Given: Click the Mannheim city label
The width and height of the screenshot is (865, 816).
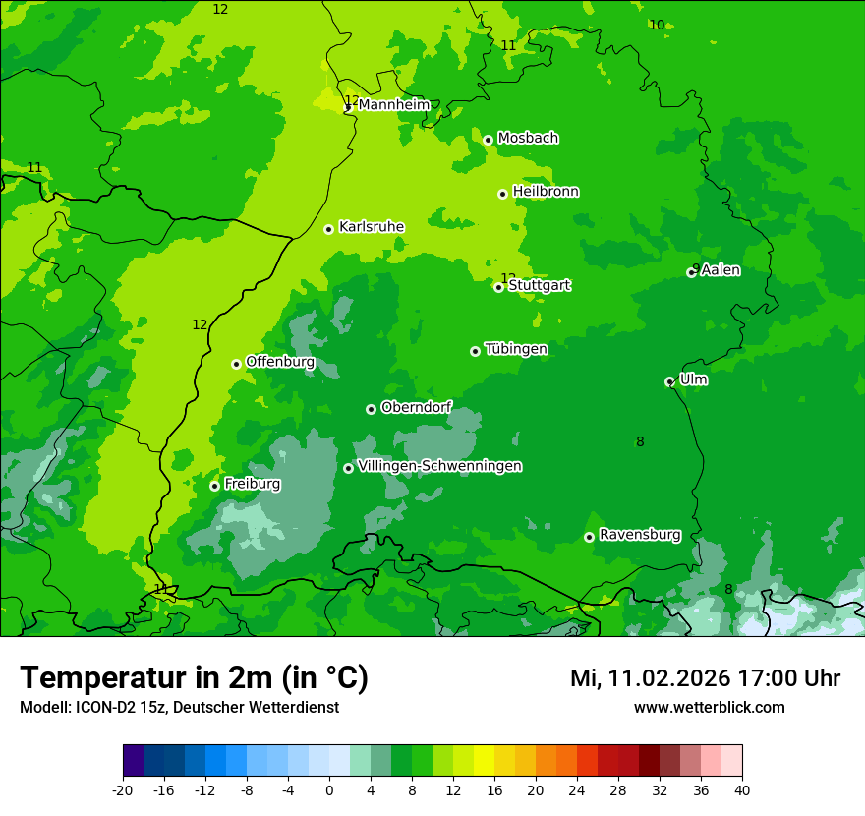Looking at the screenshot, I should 393,104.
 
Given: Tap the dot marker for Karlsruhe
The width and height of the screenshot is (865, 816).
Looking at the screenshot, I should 328,229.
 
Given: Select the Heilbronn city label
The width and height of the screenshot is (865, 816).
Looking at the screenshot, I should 546,192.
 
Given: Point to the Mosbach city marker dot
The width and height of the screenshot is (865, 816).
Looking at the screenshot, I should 488,140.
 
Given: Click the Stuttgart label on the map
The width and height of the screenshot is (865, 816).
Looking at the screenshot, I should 539,285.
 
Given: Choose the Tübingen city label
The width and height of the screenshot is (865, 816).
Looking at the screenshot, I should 516,349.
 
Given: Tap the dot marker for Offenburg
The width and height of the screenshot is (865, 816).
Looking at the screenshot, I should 236,364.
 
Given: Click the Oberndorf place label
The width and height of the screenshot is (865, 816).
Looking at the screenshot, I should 416,407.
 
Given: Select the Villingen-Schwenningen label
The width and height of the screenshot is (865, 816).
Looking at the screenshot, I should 439,466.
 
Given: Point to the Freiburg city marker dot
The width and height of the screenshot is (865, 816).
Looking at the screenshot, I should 214,486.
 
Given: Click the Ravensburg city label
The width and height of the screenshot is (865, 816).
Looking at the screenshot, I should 640,535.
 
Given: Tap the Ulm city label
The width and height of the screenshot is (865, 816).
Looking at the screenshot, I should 693,379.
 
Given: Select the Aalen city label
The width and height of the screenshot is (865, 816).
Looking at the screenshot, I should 721,270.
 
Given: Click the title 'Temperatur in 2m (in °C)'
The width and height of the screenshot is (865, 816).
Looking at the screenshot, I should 194,678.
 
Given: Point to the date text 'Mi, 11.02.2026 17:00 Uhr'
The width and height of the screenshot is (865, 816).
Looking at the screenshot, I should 705,678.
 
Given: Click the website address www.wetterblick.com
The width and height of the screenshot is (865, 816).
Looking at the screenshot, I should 709,708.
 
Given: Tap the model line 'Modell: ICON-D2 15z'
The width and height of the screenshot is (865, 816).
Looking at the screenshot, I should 179,708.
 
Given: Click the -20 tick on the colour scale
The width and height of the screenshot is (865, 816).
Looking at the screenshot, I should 123,789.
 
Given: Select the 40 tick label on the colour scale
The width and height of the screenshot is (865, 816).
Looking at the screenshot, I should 742,789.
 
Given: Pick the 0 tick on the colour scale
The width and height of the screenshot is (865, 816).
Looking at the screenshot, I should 329,789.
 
